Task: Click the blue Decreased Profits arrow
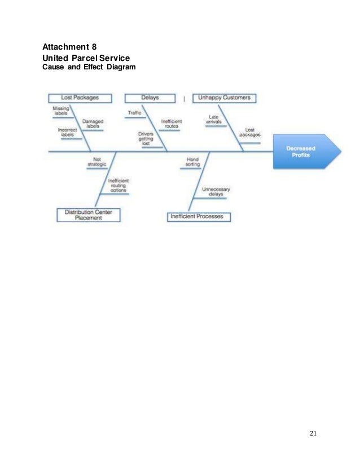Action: coord(305,152)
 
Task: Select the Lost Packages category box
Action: coord(80,98)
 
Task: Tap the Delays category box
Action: coord(150,98)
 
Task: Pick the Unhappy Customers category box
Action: coord(224,98)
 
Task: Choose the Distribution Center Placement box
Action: coord(88,215)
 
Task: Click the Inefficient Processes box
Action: coord(199,216)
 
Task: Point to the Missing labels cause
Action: coord(60,110)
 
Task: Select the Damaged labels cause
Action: coord(93,124)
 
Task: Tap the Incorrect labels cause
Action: coord(68,132)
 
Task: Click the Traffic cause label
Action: coord(134,113)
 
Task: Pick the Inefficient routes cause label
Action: coord(171,124)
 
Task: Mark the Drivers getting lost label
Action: coord(146,139)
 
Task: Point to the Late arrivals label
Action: coord(214,120)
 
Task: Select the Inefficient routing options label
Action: coord(118,186)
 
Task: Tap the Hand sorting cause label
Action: coord(193,162)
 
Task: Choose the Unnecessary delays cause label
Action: coord(216,191)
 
